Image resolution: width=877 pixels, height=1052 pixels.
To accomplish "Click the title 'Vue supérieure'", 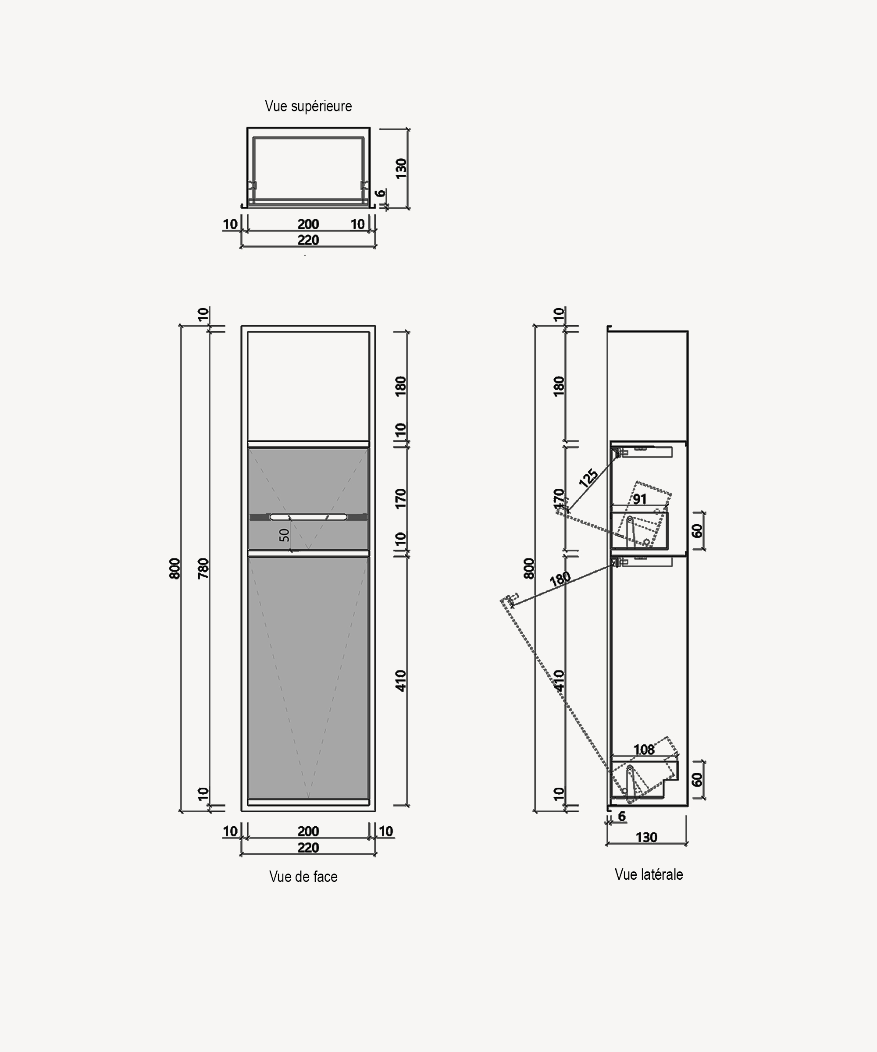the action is (x=308, y=106).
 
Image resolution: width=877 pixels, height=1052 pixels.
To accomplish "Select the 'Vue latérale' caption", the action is (x=649, y=874).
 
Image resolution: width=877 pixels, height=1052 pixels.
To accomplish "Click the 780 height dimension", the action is (x=203, y=569).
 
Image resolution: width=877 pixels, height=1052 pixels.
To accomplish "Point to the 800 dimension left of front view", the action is (x=175, y=569).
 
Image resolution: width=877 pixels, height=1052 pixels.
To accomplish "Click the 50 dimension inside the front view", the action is (x=284, y=535).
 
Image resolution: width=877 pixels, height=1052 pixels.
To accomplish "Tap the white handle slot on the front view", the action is (x=308, y=517).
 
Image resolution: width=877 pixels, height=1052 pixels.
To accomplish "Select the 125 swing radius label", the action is (x=588, y=478).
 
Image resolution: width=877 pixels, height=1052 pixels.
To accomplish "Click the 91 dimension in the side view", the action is (x=639, y=499).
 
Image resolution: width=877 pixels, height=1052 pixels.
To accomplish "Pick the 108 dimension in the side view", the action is (x=644, y=750).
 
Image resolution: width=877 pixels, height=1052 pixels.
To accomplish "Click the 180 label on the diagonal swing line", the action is (x=560, y=579).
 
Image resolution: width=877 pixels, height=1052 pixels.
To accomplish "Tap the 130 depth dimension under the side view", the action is (x=646, y=838).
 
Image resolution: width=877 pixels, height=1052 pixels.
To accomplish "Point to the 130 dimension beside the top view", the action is (x=401, y=168).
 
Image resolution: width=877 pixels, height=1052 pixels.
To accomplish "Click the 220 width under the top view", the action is (x=308, y=240).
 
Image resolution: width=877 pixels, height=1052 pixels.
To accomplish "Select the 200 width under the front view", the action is (x=308, y=832).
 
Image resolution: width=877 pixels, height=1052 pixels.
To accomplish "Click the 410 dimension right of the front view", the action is (x=400, y=681).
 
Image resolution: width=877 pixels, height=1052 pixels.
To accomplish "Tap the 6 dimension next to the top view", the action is (x=381, y=193).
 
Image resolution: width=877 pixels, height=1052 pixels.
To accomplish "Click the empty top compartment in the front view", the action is (x=308, y=386).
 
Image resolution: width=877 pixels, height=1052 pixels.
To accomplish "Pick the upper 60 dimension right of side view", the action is (x=697, y=531).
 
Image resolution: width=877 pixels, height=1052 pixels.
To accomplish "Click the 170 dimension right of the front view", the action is (x=400, y=499).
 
